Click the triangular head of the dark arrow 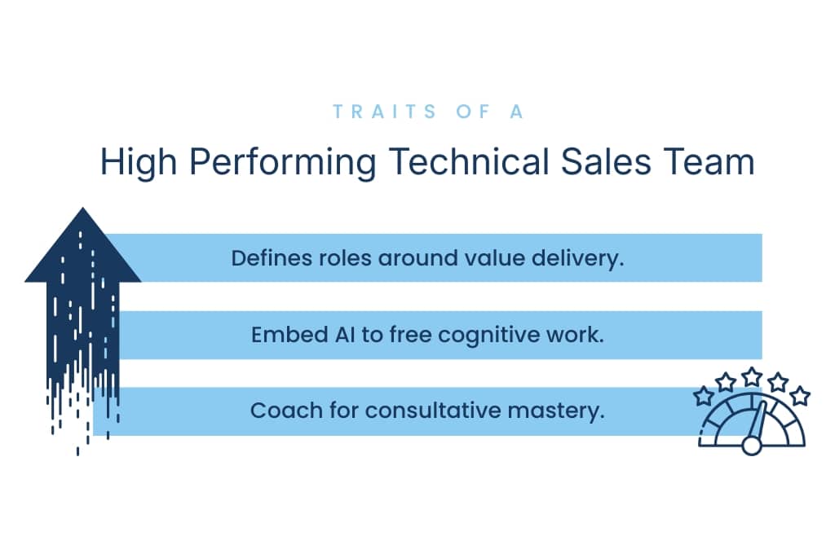pos(82,253)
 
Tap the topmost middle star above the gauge pos(752,376)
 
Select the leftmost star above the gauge pos(703,396)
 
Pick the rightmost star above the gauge pos(801,396)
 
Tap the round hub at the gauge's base pos(752,446)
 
